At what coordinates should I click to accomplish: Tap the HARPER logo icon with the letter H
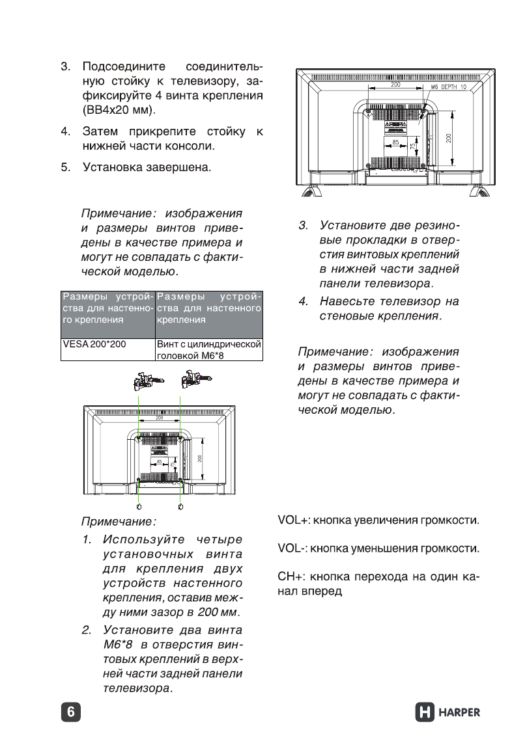point(424,712)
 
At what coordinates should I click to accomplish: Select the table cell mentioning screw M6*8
point(208,348)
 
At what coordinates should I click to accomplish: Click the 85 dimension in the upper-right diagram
point(395,142)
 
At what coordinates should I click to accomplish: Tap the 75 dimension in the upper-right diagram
point(413,146)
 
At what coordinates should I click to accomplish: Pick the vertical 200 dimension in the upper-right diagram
point(448,138)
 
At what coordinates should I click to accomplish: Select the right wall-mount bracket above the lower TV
point(193,379)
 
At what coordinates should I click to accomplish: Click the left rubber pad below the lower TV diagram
point(138,506)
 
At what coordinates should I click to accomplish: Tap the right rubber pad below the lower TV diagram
point(180,506)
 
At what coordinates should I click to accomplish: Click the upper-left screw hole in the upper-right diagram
point(369,112)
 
